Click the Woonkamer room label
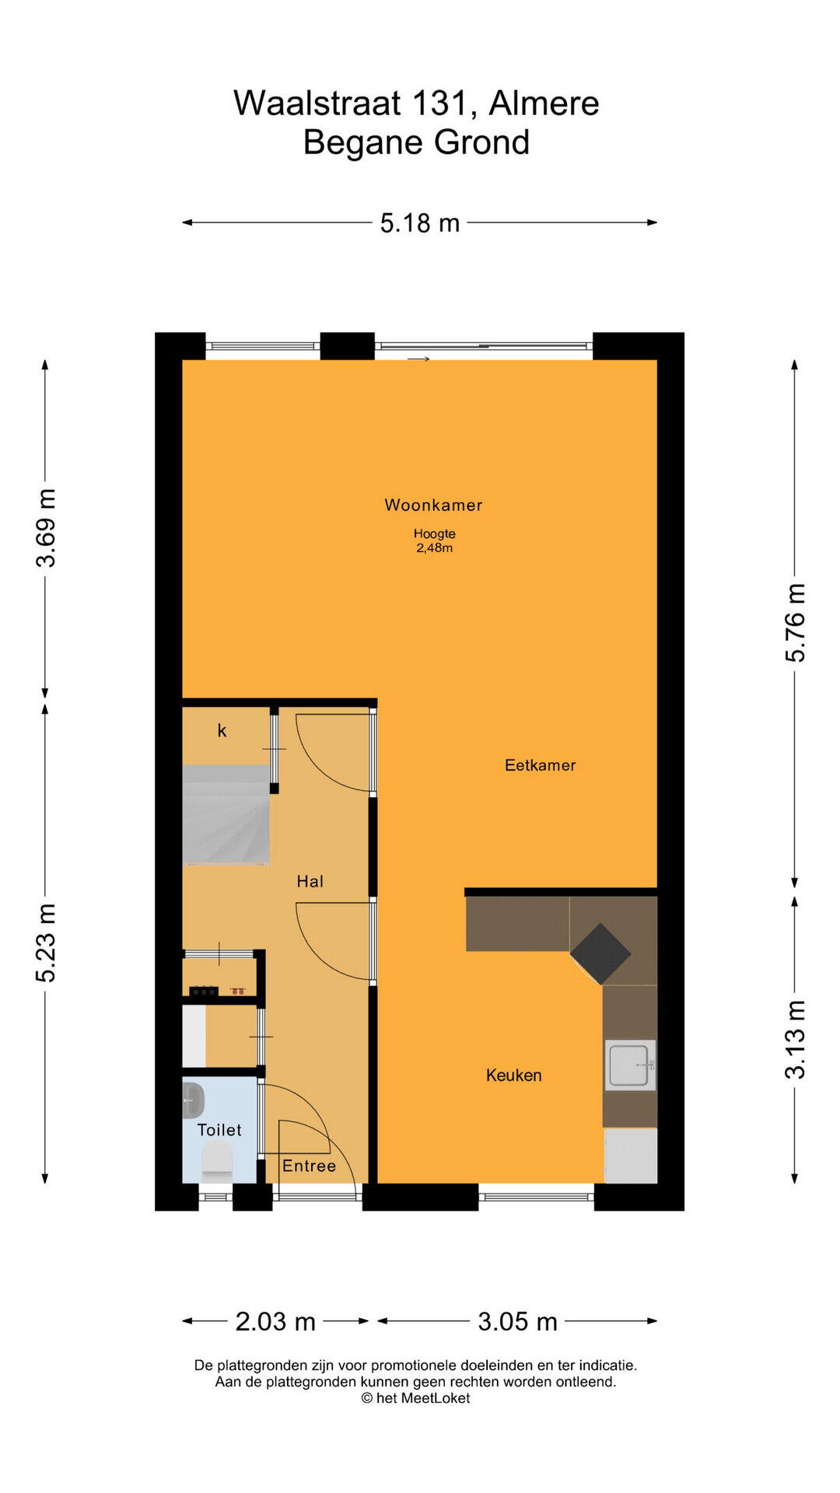click(x=433, y=505)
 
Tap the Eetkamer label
click(x=541, y=765)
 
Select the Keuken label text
click(x=513, y=1075)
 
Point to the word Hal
click(x=310, y=881)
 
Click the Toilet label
click(x=219, y=1130)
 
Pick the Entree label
click(x=309, y=1166)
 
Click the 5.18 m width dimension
click(x=420, y=223)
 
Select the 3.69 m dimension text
click(x=46, y=528)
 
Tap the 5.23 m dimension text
click(x=46, y=943)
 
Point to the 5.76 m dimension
click(x=795, y=622)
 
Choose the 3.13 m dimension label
click(x=795, y=1040)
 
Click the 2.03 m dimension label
click(x=275, y=1321)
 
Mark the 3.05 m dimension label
click(x=517, y=1321)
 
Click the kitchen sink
click(x=631, y=1065)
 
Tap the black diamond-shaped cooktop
click(x=600, y=953)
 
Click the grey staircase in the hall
click(x=226, y=815)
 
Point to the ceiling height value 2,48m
click(x=434, y=547)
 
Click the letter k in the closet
click(x=222, y=730)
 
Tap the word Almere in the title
click(x=544, y=103)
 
